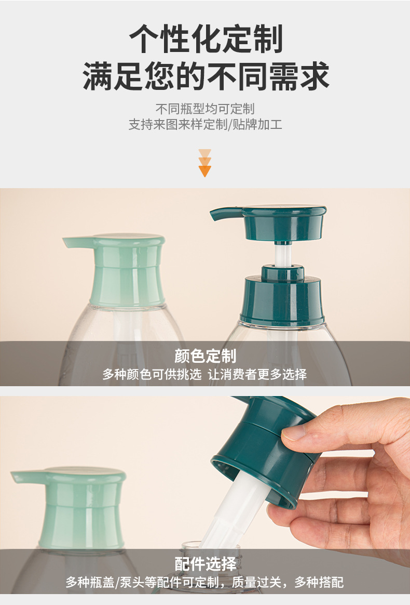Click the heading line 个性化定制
pos(206,38)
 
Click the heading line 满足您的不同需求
pos(206,76)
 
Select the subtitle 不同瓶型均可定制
pos(205,109)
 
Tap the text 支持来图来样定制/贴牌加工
pos(205,124)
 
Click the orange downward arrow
pos(204,163)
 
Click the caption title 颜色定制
pos(205,356)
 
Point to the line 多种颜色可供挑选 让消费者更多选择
pos(204,374)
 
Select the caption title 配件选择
pos(205,564)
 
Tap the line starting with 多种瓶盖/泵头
pos(204,582)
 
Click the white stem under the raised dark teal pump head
pos(282,255)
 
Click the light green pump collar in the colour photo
pos(127,285)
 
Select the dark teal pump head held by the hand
pos(266,448)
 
